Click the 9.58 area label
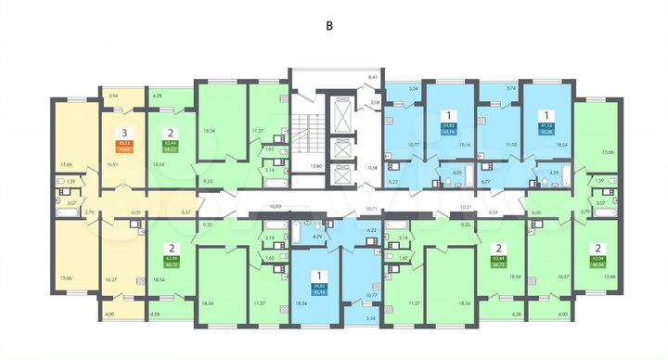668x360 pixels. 373,167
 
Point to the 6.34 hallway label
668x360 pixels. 492,212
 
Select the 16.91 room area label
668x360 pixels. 113,163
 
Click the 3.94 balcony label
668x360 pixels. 113,96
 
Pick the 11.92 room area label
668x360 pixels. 484,145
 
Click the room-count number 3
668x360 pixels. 122,132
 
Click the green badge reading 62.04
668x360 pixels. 594,261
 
